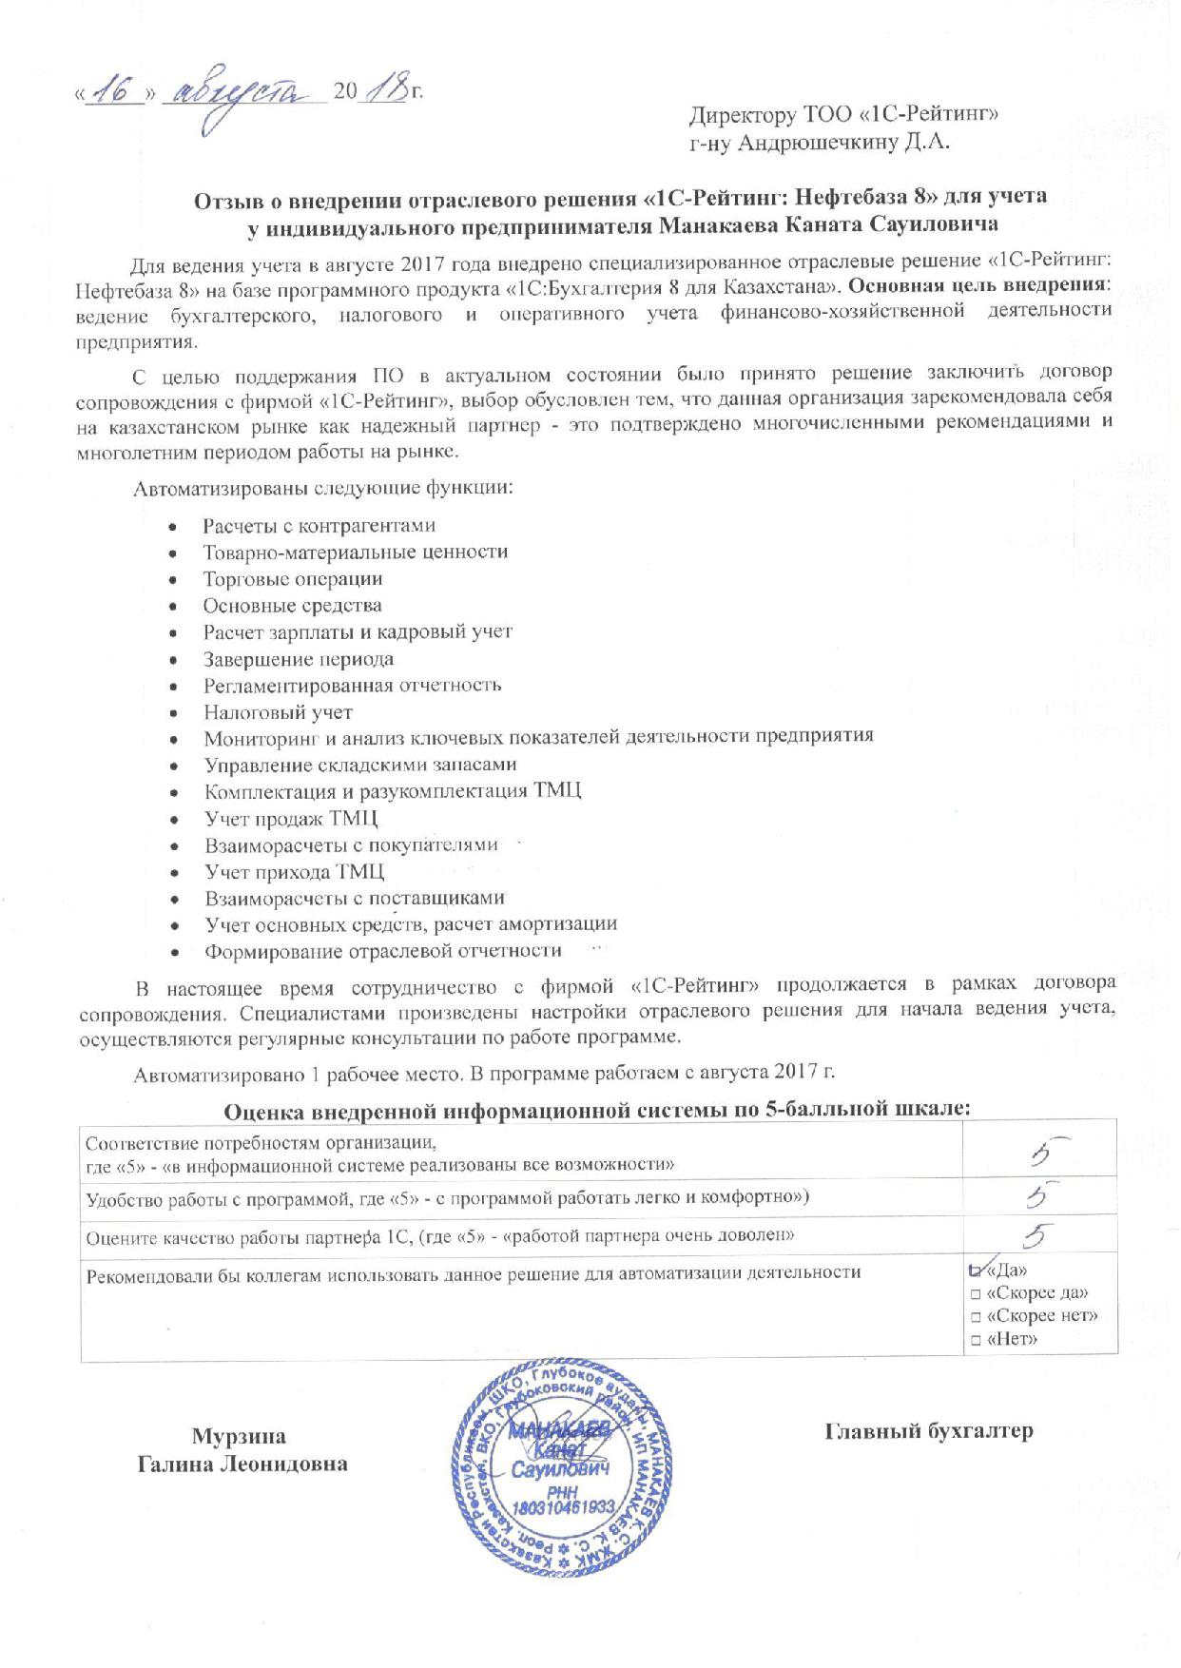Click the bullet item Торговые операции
tap(293, 579)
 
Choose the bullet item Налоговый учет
tap(278, 712)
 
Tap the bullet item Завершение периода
tap(299, 659)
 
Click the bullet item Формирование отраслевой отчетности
tap(383, 951)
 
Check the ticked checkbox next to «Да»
tap(975, 1270)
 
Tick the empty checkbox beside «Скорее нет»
tap(976, 1317)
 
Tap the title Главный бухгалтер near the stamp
tap(928, 1431)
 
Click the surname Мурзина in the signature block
tap(239, 1436)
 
